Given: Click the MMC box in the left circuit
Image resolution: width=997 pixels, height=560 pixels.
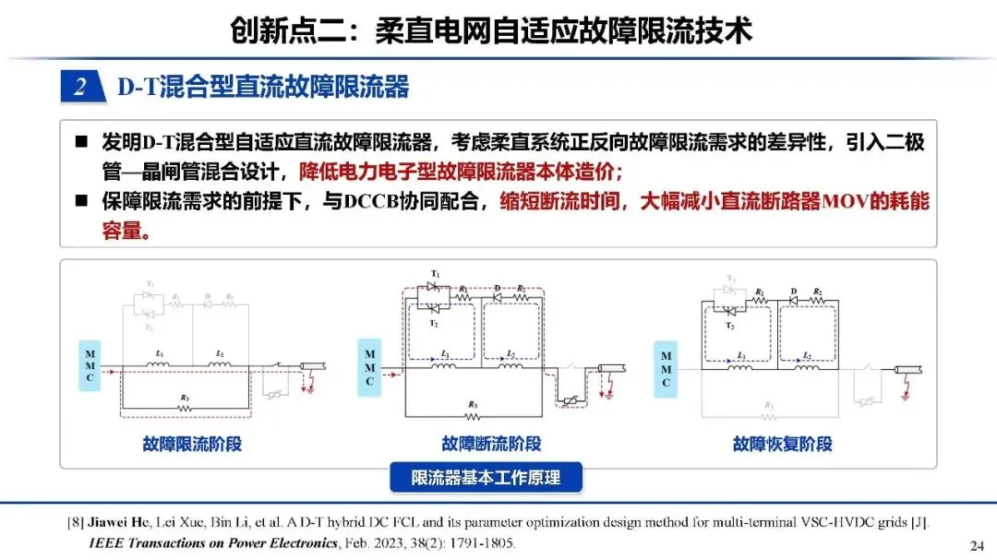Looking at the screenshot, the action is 89,365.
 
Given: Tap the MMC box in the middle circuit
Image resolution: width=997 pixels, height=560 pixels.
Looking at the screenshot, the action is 369,365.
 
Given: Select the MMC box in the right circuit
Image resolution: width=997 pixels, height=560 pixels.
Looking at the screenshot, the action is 665,365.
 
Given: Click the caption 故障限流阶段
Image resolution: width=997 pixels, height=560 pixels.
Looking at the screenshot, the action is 192,444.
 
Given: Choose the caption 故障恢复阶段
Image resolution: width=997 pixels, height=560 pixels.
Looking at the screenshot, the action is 783,444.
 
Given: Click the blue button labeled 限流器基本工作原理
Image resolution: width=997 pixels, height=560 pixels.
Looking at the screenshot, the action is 485,478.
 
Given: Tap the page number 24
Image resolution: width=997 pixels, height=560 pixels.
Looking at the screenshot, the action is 977,542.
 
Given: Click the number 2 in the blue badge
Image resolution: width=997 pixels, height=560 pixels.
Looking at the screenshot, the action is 80,88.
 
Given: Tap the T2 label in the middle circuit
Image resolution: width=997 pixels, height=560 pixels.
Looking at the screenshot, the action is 434,322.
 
